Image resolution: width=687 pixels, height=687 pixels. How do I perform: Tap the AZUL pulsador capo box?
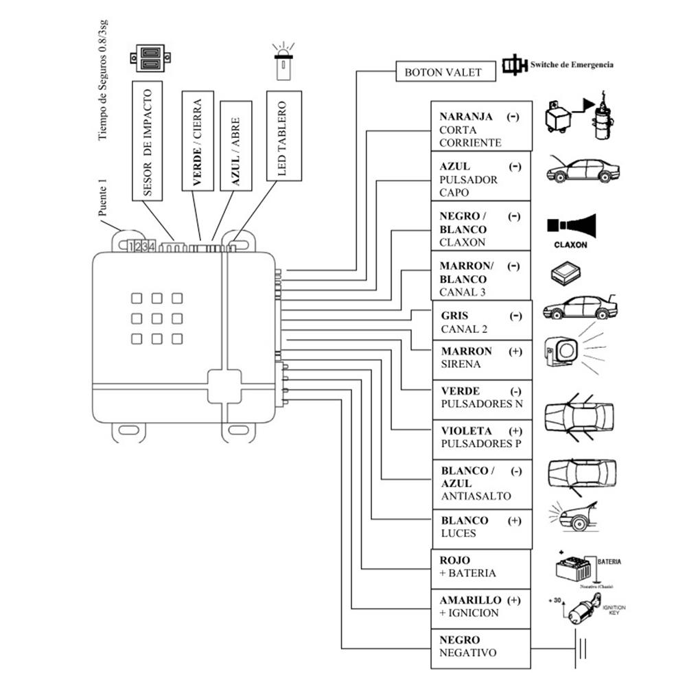(x=480, y=179)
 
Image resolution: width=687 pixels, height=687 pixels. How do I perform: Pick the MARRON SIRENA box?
(x=480, y=358)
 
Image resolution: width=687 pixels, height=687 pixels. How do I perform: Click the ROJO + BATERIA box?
(x=480, y=568)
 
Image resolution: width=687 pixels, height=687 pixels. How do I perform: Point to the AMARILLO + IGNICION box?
(x=480, y=607)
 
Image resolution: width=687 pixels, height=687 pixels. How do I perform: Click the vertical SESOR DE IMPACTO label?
(x=147, y=141)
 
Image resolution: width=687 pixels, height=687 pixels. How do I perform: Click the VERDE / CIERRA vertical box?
(x=197, y=140)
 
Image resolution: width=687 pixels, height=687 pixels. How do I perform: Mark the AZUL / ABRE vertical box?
(x=235, y=145)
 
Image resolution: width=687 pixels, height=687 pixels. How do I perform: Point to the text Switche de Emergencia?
(x=571, y=65)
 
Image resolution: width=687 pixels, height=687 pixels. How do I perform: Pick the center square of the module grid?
(x=157, y=318)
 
